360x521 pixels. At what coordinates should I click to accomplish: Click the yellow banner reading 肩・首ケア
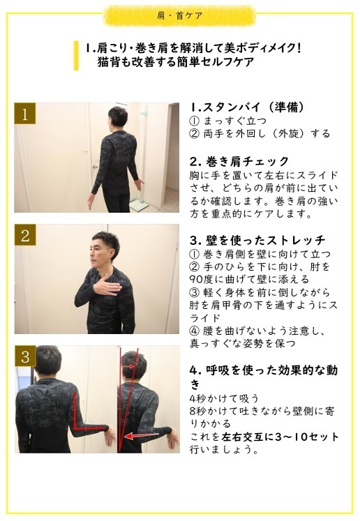click(x=180, y=15)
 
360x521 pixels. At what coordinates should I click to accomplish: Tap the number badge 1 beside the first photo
click(x=25, y=114)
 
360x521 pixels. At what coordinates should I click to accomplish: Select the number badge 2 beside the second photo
click(x=25, y=235)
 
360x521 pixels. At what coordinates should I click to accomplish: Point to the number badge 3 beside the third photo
click(x=25, y=356)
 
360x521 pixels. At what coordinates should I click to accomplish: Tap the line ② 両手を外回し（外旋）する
click(x=260, y=134)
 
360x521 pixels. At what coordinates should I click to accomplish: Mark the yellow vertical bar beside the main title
click(x=76, y=55)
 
